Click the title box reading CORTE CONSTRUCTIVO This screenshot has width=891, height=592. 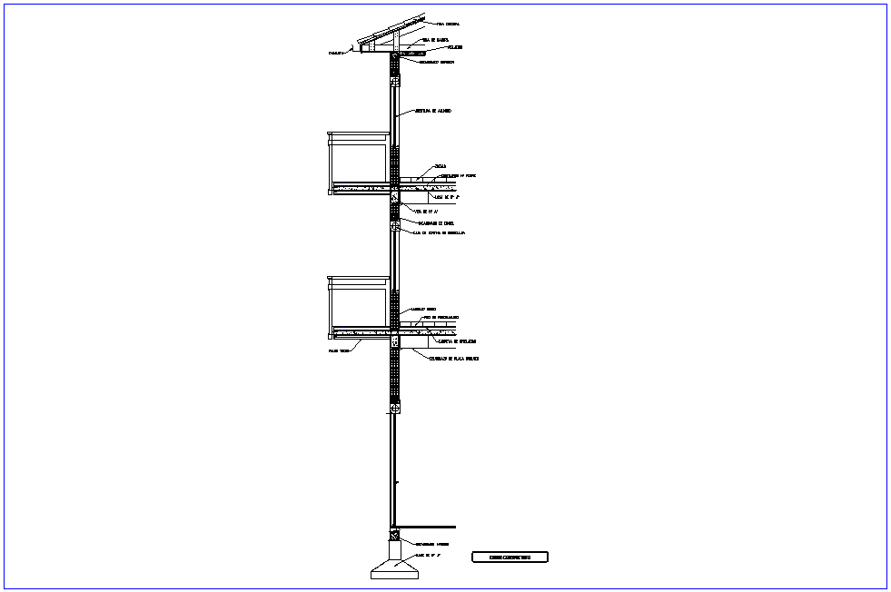click(510, 557)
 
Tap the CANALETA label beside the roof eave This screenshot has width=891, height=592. click(337, 54)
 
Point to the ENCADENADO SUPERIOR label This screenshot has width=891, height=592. click(436, 63)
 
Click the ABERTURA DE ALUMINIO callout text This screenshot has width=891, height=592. click(433, 111)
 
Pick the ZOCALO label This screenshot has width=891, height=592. click(441, 166)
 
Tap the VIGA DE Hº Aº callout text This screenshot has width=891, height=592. click(427, 211)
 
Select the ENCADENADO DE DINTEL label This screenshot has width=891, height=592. click(436, 222)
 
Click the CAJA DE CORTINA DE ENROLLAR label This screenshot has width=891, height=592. click(439, 233)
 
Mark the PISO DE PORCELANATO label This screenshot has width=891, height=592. click(441, 318)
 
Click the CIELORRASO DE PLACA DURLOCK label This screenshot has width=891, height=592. click(454, 359)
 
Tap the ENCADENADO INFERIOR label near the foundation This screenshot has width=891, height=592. click(432, 544)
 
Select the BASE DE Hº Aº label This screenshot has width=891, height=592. click(428, 554)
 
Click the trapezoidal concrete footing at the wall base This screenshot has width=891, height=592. click(394, 570)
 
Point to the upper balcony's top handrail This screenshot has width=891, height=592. click(359, 134)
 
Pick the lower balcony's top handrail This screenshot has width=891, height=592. click(359, 279)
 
